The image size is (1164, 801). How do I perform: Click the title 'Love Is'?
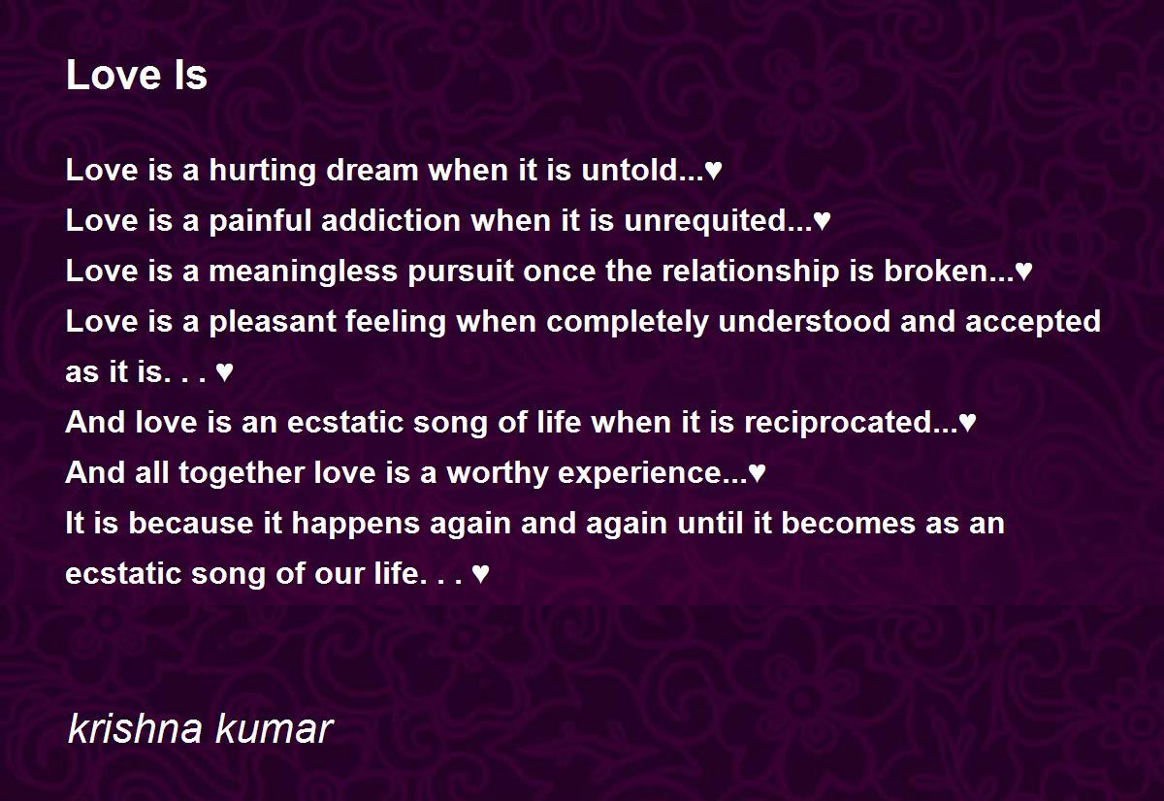click(137, 75)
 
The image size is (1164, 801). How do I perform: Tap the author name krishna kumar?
click(200, 728)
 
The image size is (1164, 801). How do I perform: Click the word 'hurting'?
click(263, 172)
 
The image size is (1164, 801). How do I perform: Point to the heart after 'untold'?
click(713, 171)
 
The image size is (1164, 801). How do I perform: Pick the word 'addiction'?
click(391, 220)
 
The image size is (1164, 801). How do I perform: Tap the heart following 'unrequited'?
click(822, 221)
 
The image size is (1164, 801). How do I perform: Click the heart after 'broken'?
click(1023, 272)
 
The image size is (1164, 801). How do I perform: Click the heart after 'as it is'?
click(224, 372)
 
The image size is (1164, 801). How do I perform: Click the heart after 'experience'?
click(757, 472)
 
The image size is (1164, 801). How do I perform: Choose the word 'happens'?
click(355, 524)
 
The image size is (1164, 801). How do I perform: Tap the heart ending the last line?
click(480, 573)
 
